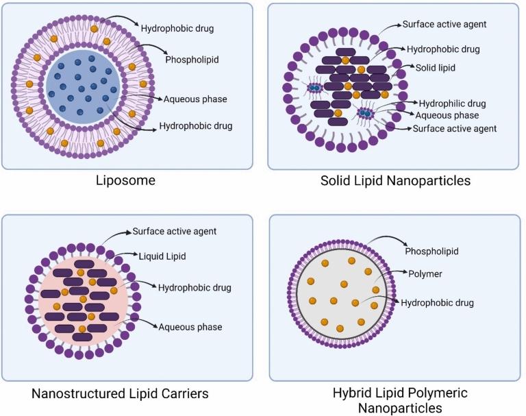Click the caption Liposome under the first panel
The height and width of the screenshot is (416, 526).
point(126,181)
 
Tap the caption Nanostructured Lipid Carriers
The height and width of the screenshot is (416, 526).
point(120,393)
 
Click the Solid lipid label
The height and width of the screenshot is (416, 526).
point(436,69)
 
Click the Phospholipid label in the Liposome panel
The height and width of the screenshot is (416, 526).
point(192,59)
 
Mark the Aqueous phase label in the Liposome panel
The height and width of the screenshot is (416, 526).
point(195,99)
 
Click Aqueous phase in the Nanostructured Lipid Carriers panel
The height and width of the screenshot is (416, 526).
point(190,327)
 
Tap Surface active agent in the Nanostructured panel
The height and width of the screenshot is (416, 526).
point(174,232)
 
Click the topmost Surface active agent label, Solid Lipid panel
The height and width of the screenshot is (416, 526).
point(444,25)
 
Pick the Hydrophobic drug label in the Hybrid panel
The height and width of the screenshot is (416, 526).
point(437,302)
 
